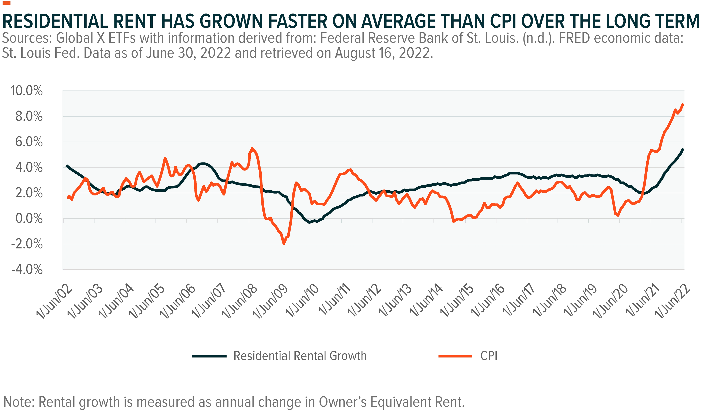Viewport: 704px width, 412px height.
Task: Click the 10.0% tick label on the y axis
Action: pos(27,91)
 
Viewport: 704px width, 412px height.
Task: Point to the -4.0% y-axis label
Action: pos(27,270)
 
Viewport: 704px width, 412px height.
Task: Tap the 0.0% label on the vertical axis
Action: pos(29,219)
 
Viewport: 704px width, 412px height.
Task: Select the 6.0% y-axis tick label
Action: pos(29,142)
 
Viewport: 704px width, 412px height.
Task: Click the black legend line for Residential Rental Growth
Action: pos(209,356)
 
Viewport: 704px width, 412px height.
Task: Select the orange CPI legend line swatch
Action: pos(455,356)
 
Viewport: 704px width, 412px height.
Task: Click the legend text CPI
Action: pos(489,356)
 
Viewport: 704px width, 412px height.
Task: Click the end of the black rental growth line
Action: pos(683,149)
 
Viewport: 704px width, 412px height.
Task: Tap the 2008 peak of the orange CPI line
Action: pos(252,148)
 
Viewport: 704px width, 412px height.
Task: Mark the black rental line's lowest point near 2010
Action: pos(309,222)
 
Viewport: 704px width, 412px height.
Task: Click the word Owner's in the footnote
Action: pos(342,402)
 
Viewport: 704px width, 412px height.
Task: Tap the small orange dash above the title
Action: pos(6,3)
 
